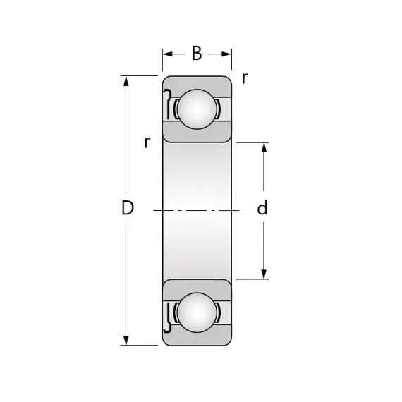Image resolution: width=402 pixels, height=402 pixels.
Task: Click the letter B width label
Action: (x=197, y=54)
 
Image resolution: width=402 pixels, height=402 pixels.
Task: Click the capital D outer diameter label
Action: (x=128, y=207)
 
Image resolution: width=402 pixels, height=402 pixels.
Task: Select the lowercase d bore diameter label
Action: (x=262, y=207)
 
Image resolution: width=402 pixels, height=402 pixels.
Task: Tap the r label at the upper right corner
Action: (x=245, y=78)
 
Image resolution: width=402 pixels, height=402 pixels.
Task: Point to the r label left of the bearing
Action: (x=147, y=142)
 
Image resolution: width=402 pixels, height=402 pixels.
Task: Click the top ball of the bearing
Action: (x=197, y=109)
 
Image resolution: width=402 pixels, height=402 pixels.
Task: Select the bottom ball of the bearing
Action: (x=197, y=312)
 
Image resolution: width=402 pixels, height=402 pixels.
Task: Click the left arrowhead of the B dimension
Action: (x=167, y=54)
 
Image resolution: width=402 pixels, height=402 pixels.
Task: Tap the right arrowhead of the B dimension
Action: (x=226, y=54)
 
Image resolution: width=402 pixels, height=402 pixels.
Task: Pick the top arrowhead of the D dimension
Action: (x=126, y=81)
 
